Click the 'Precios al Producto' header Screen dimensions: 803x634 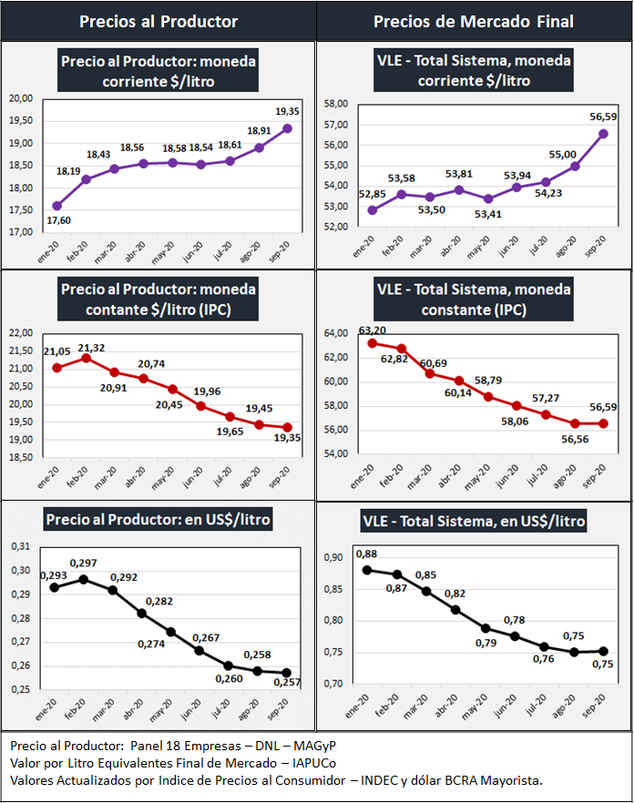158,21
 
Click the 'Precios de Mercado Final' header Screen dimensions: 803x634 475,21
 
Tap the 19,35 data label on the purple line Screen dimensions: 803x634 288,111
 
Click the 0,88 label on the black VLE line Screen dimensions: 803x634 367,554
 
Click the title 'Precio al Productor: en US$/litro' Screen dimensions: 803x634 158,520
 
